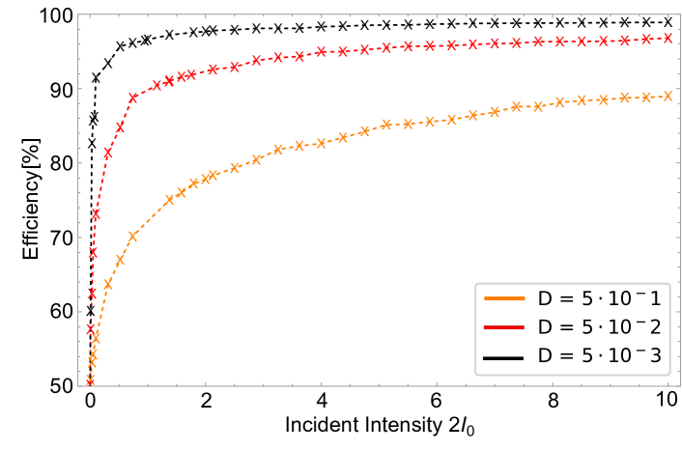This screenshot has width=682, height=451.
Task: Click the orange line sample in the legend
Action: click(x=503, y=299)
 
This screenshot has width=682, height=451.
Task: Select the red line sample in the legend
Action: click(x=503, y=327)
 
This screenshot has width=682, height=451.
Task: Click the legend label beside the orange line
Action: click(x=599, y=299)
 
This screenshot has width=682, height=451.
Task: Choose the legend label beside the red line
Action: click(x=599, y=327)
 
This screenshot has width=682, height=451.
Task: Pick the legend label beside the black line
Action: click(x=599, y=356)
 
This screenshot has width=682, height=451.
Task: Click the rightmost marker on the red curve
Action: click(x=668, y=39)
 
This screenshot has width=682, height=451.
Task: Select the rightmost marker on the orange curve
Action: click(x=668, y=97)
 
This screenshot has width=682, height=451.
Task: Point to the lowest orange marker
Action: click(x=90, y=381)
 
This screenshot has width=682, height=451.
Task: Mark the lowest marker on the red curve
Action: click(x=91, y=329)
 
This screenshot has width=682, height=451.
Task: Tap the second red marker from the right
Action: click(x=646, y=40)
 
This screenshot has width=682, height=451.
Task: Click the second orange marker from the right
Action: click(x=646, y=97)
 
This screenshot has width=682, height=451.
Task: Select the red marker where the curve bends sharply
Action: click(x=133, y=98)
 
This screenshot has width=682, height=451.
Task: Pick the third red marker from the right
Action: click(x=625, y=41)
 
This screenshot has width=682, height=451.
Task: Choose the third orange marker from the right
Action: click(x=625, y=98)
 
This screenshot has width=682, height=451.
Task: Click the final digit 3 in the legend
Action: click(x=655, y=356)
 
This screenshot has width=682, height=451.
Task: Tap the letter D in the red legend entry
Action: click(x=544, y=327)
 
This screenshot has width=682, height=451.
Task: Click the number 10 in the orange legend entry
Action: click(x=618, y=299)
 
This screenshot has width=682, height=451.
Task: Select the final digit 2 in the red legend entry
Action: click(x=655, y=327)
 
